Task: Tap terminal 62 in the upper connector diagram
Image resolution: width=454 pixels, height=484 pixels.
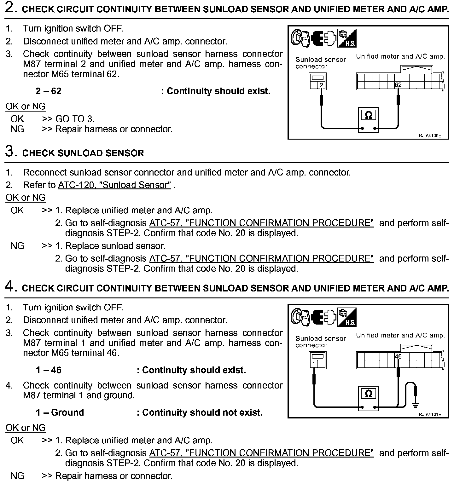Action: (x=398, y=85)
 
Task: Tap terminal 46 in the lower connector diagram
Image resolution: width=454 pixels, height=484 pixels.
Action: (x=398, y=356)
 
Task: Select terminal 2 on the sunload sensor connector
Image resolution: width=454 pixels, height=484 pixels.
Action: (x=321, y=85)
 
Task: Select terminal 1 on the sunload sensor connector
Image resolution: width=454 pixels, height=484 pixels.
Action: (x=314, y=364)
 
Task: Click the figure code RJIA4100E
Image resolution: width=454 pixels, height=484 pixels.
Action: (x=430, y=136)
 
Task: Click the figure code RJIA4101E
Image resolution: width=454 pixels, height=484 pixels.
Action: (x=430, y=414)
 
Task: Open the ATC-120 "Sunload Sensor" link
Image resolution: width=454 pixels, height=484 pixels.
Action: (x=114, y=185)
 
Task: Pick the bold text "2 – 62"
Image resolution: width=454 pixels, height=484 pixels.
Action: (x=48, y=91)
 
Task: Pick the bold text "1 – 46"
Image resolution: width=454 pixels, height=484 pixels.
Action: (x=48, y=370)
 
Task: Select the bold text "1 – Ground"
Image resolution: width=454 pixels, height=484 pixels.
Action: (x=60, y=412)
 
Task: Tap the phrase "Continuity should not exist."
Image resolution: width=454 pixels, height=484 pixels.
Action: (x=202, y=412)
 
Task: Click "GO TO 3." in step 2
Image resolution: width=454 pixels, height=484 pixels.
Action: (x=75, y=119)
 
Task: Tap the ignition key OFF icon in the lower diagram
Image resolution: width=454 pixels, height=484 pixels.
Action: (x=300, y=317)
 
